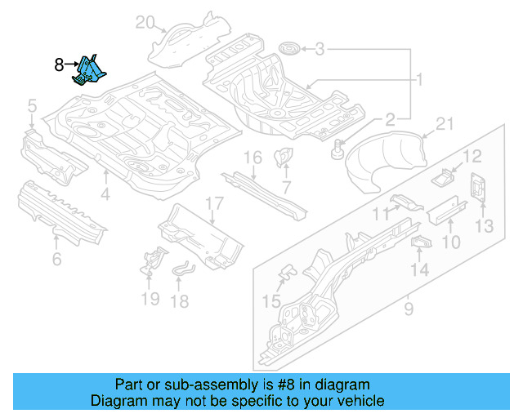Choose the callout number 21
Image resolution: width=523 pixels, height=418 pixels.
coord(444,123)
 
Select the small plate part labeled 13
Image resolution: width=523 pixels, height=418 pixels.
coord(478,187)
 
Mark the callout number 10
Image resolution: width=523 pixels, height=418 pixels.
coord(451,242)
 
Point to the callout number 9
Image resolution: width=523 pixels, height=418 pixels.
coord(409,309)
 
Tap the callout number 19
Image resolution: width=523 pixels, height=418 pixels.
coord(150,299)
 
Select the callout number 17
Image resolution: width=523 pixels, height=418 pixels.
coord(213,203)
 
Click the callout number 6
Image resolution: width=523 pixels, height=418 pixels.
coord(56,260)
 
